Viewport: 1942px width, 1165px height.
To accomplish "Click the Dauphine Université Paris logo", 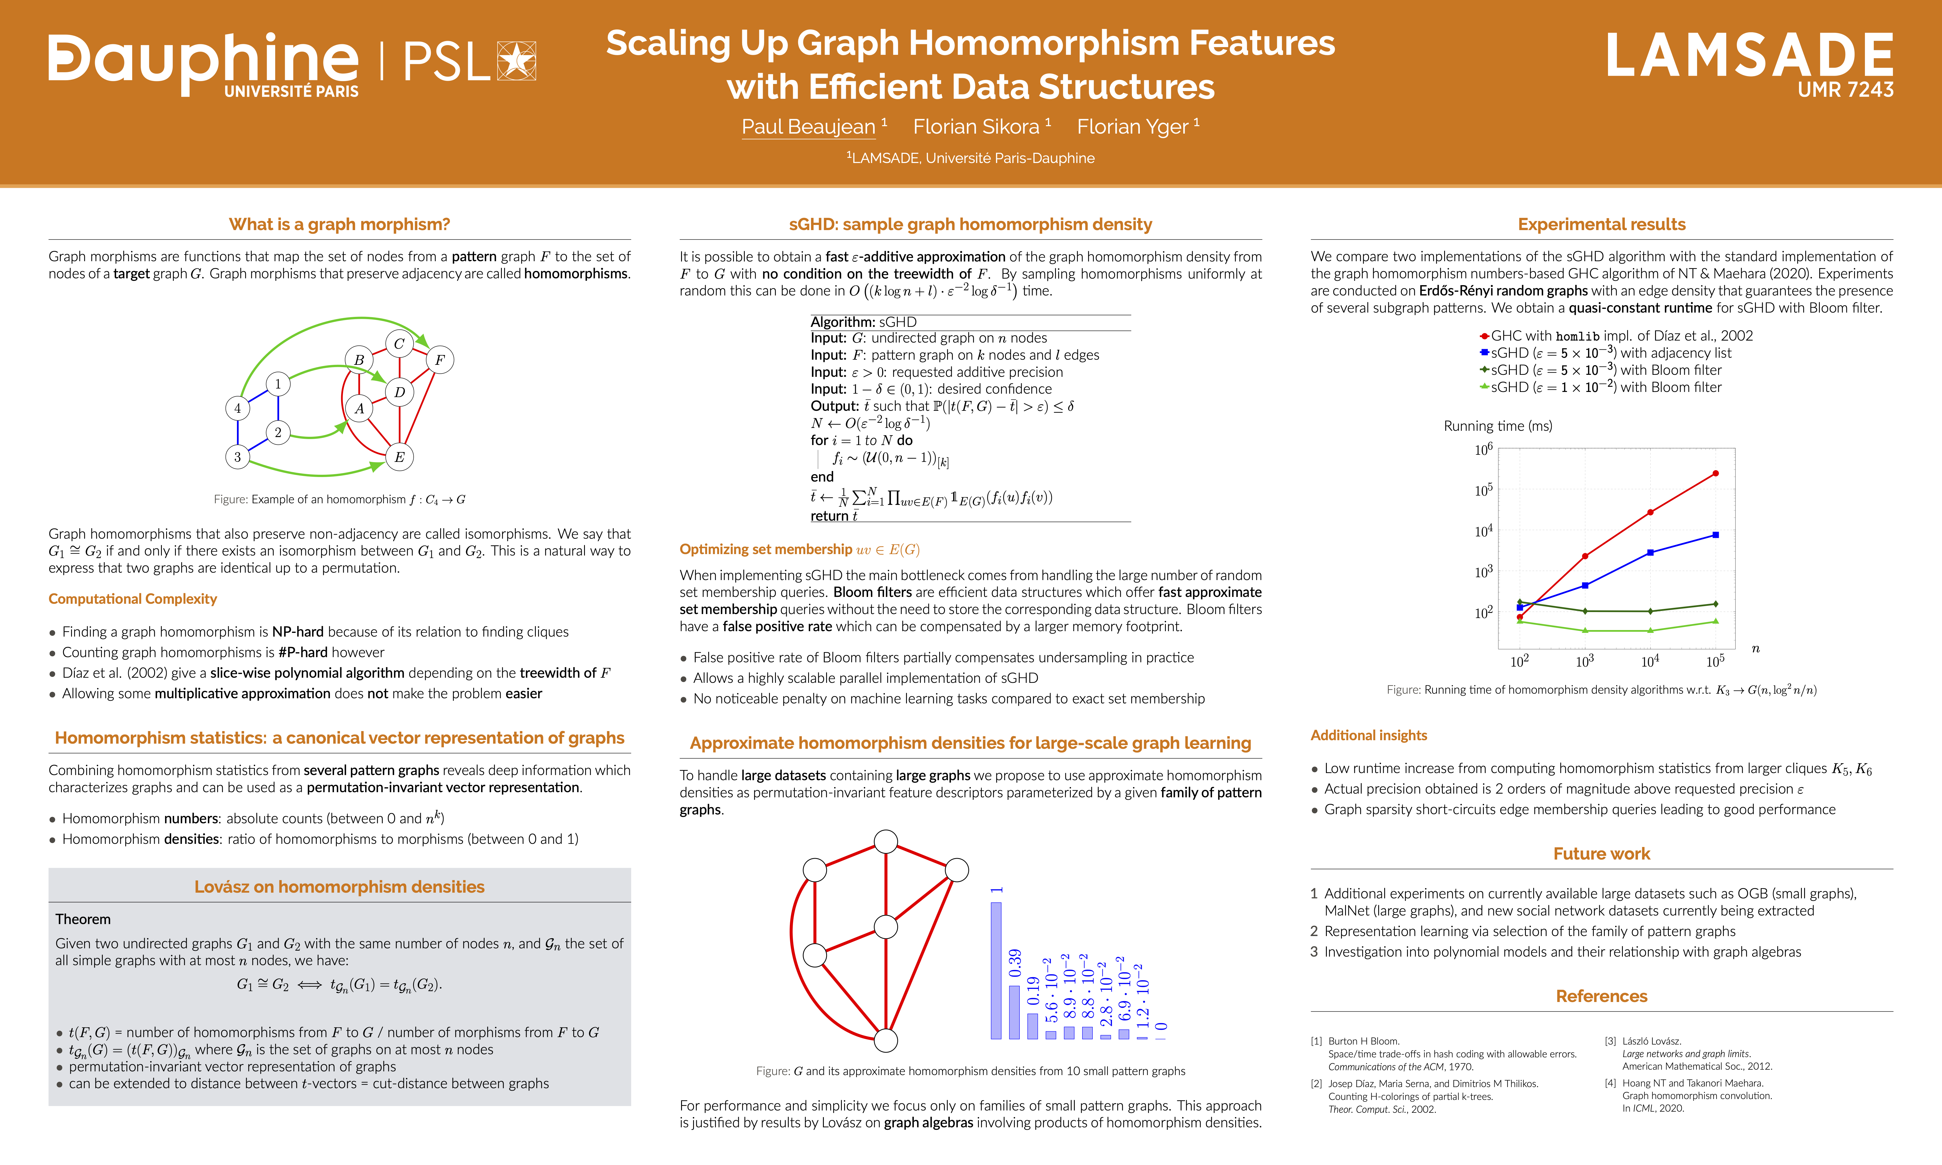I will pos(204,65).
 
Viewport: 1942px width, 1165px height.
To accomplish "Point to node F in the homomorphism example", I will pos(440,360).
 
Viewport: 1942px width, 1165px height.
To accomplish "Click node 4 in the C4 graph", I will pos(238,408).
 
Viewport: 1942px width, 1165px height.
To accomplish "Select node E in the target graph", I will pos(400,457).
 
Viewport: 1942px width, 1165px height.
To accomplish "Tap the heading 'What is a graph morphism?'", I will pos(339,224).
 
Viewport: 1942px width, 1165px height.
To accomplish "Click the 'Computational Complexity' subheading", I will pos(133,599).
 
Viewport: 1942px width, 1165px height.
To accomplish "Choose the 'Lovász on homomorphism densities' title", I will pos(339,887).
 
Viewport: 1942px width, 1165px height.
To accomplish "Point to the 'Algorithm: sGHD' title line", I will pos(864,322).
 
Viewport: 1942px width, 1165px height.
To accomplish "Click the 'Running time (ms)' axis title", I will pos(1498,426).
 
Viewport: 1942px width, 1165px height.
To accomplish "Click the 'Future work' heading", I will pos(1601,854).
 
